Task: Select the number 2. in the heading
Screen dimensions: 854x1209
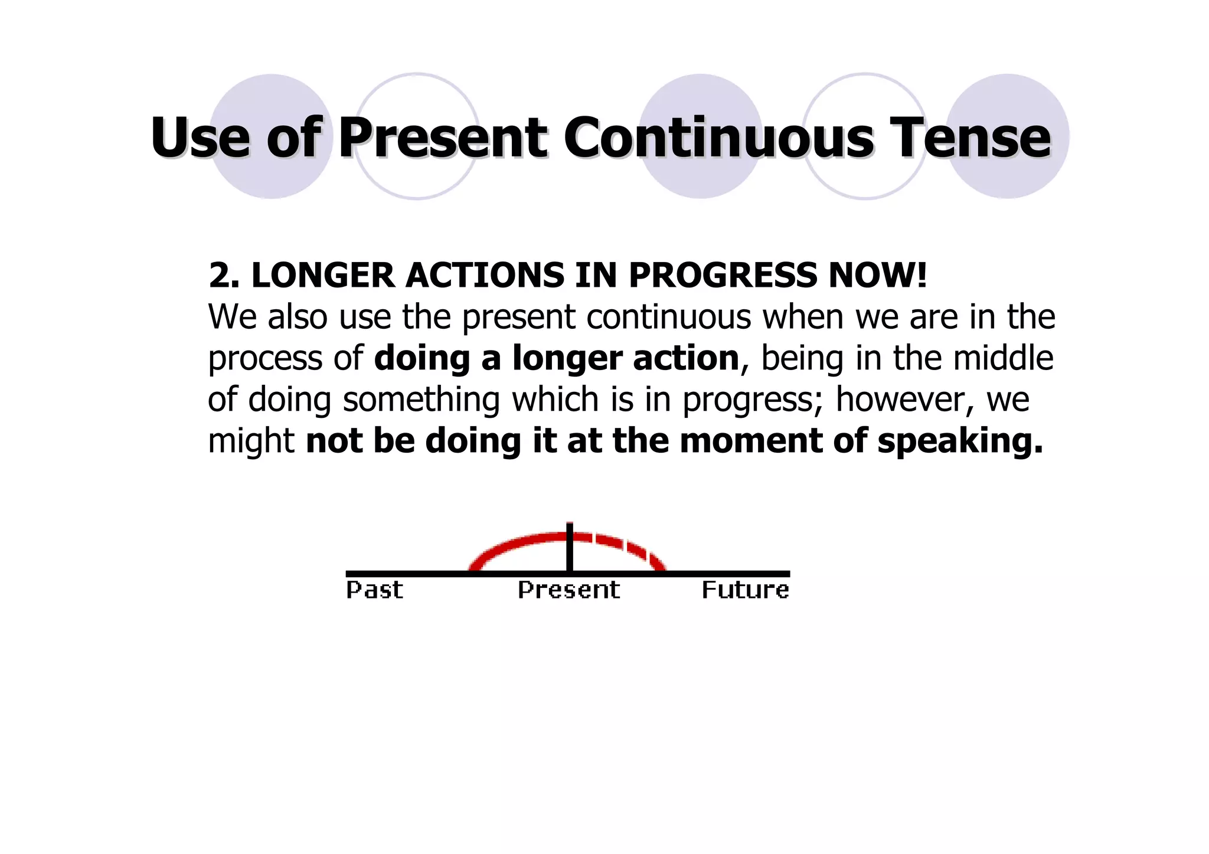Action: point(223,276)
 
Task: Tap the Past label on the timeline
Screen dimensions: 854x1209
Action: point(374,590)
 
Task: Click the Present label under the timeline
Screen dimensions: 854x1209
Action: point(568,590)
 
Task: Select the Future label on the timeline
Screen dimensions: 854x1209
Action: point(745,590)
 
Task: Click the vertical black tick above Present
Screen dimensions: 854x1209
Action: point(569,546)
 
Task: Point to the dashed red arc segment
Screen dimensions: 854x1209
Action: point(626,545)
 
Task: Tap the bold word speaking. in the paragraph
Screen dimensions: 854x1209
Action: point(960,441)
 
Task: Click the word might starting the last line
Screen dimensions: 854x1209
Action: point(251,441)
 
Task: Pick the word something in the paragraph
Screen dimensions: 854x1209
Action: point(421,400)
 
